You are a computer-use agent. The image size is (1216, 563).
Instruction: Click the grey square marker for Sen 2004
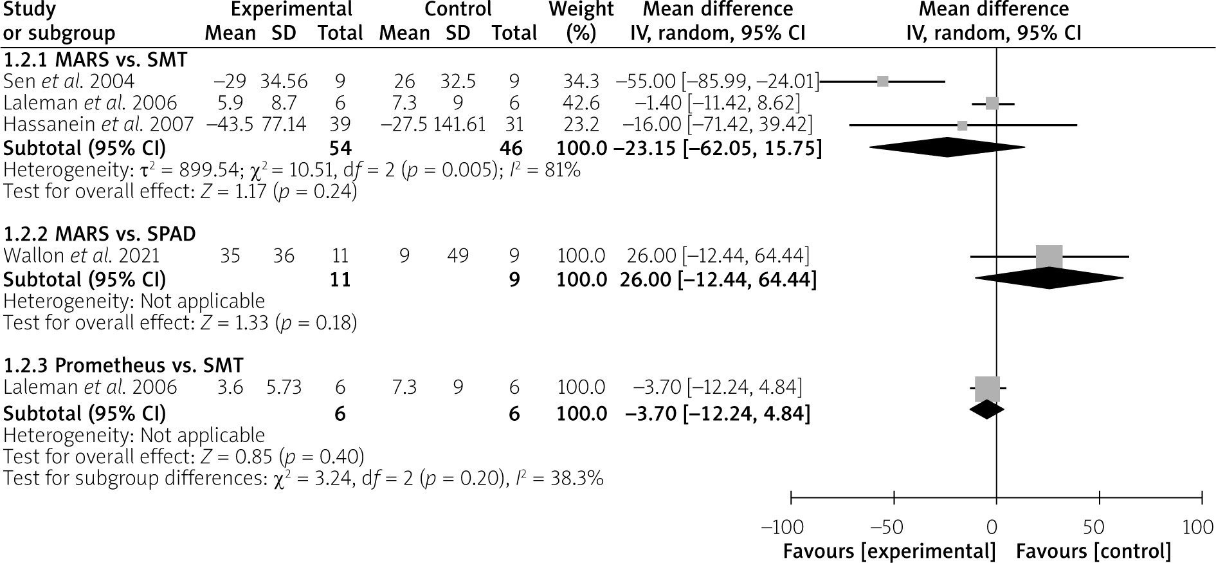[x=883, y=81]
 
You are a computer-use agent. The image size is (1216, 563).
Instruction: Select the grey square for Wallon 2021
[x=1049, y=257]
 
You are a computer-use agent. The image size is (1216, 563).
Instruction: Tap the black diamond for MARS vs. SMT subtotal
[x=947, y=147]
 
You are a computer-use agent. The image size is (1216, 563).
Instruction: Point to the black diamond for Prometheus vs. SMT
[x=986, y=410]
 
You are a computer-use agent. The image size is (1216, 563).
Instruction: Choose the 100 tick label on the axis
[x=1198, y=528]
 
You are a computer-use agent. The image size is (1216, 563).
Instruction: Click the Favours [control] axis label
[x=1093, y=551]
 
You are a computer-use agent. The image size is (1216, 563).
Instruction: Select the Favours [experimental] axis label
[x=889, y=551]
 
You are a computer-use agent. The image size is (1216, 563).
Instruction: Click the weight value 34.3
[x=581, y=81]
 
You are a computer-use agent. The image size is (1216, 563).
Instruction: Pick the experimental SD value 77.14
[x=284, y=124]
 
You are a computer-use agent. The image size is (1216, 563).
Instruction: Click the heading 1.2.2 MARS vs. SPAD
[x=100, y=234]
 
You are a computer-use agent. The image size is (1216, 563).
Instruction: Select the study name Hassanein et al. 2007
[x=98, y=124]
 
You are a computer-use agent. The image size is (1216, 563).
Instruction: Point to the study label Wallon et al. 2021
[x=82, y=256]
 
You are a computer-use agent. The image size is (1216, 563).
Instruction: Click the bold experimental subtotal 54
[x=340, y=148]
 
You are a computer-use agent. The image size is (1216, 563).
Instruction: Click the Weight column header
[x=581, y=21]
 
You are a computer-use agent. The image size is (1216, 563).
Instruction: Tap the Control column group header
[x=458, y=10]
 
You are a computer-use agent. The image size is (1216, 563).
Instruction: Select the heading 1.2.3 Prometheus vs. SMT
[x=123, y=365]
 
